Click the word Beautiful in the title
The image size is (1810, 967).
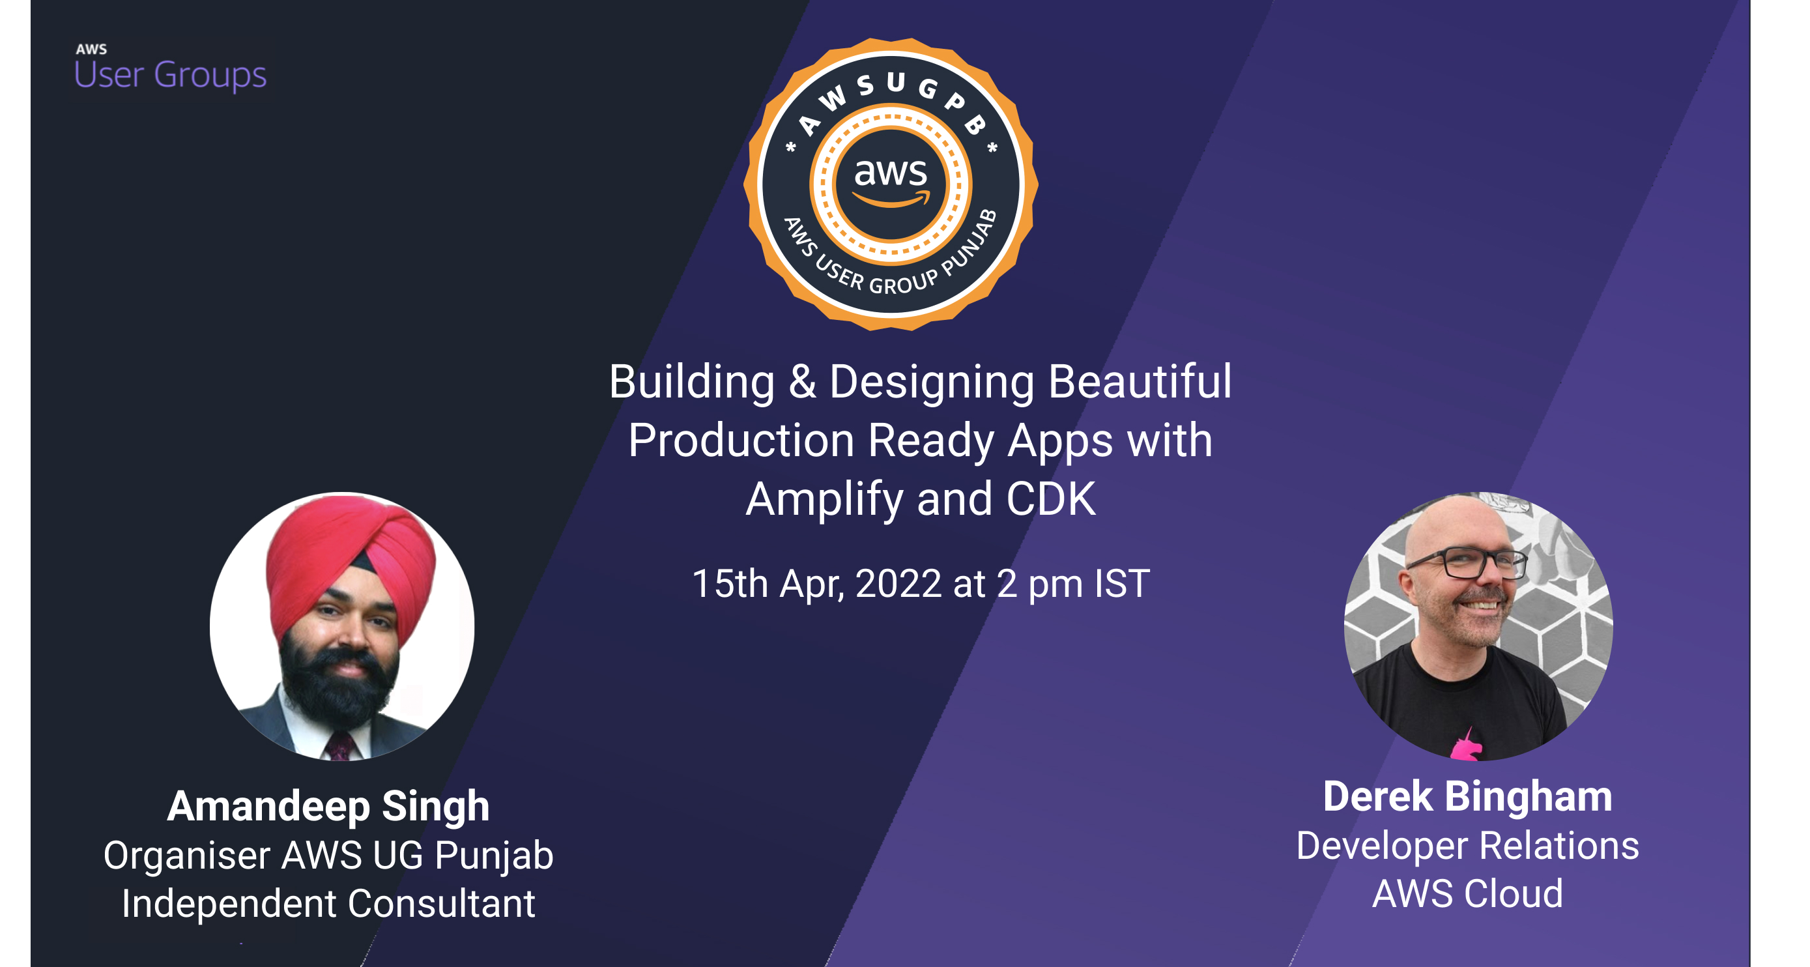pos(1139,382)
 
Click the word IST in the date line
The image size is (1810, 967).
pos(1121,584)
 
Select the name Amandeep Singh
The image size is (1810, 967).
pos(328,805)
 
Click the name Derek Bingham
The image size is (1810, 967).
pos(1467,797)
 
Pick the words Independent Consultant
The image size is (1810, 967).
pos(328,904)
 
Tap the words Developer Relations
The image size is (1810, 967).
pos(1467,846)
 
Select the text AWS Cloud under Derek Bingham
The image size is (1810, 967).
pos(1467,894)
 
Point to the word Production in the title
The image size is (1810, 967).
pos(741,441)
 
